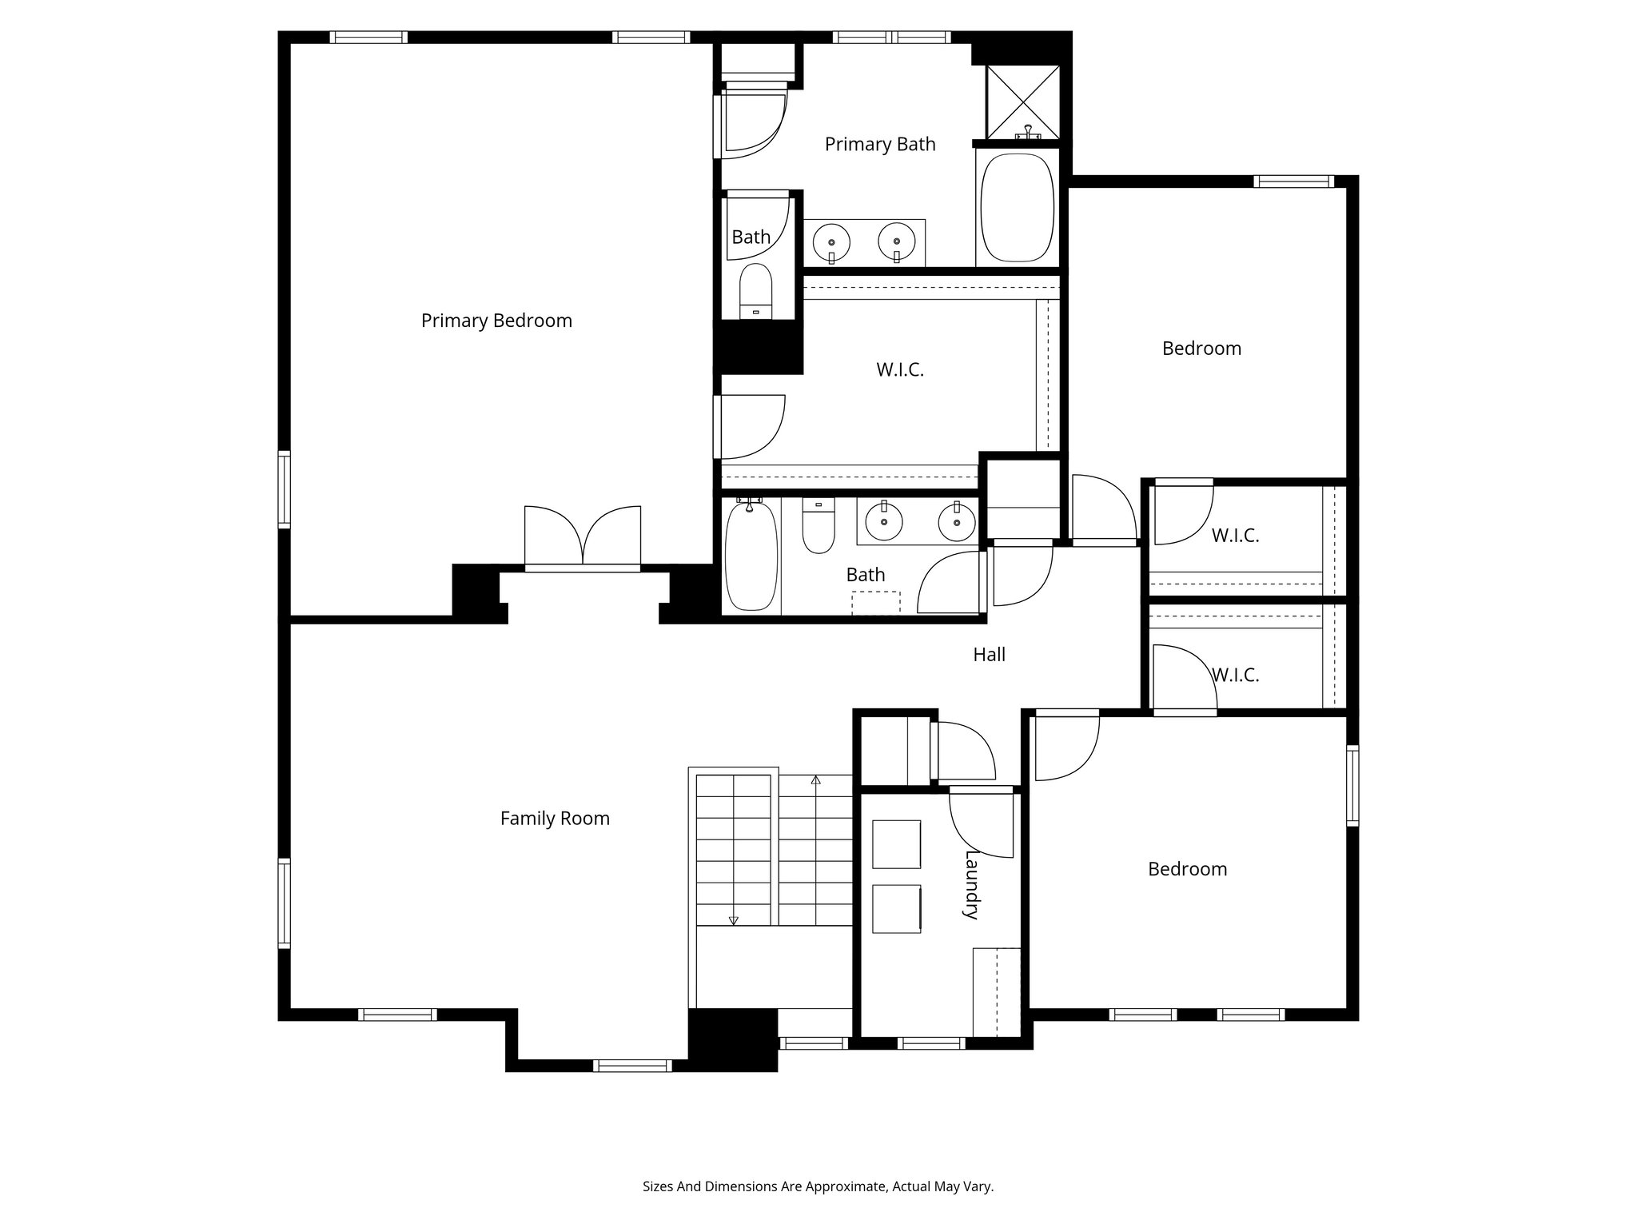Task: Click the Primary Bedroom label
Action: point(496,321)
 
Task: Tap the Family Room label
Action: point(555,818)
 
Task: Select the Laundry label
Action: point(972,884)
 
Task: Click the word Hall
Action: point(989,655)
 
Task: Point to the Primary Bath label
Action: point(880,144)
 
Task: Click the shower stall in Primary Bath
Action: point(1022,102)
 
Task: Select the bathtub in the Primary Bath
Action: point(1017,208)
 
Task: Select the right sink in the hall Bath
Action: point(956,524)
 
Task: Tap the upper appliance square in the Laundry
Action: point(896,843)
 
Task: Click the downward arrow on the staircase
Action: point(734,920)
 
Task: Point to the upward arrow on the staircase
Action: point(815,779)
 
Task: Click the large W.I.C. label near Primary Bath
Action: point(900,370)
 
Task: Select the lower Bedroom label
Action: point(1187,869)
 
